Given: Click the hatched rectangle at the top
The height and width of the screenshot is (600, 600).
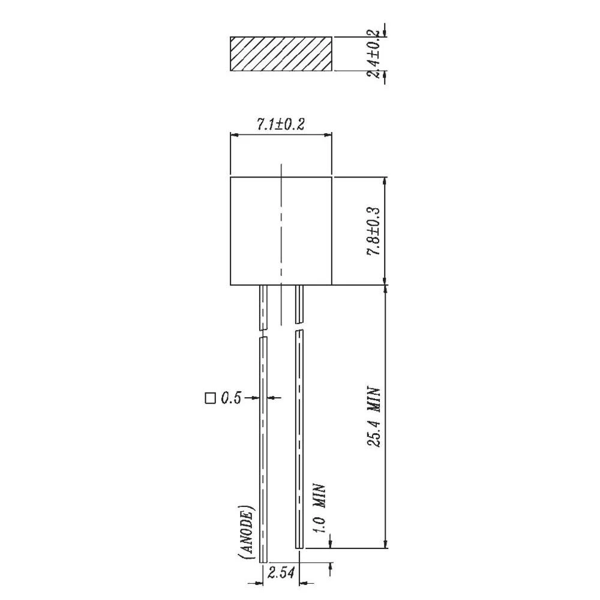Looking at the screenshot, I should pos(281,54).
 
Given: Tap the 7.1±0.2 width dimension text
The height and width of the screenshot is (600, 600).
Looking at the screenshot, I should pos(281,125).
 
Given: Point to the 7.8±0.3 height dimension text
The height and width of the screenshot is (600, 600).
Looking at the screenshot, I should pos(374,232).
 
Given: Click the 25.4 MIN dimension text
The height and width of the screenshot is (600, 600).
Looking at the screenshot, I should pos(374,416).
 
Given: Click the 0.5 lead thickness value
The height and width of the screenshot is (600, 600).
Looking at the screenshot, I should pos(230,398).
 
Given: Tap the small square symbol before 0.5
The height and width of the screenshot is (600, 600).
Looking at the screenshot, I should pos(209,397).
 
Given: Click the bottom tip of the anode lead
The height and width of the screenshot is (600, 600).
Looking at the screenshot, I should pos(263,562).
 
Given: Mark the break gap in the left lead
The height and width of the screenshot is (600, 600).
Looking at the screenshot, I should pos(262,334).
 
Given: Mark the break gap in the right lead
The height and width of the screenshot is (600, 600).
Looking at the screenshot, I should pos(299,328).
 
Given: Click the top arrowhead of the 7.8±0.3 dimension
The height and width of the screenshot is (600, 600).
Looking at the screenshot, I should pos(385,181).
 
